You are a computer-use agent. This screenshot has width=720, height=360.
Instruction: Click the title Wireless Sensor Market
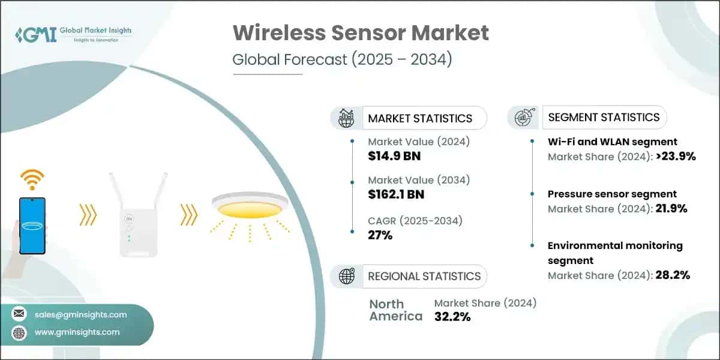click(361, 33)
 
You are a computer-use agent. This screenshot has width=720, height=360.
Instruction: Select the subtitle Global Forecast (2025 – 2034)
click(342, 60)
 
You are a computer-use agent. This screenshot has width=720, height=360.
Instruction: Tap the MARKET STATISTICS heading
click(420, 118)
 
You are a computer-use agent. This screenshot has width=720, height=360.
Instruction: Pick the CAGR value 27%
click(380, 235)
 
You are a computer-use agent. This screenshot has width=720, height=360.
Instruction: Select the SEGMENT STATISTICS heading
click(604, 117)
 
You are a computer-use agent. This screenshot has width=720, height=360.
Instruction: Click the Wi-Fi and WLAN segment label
click(613, 142)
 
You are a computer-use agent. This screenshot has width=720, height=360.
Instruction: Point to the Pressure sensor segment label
click(612, 194)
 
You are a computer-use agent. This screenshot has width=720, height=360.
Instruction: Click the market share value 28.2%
click(670, 275)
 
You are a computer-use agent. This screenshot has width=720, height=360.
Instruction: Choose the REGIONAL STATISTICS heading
click(424, 276)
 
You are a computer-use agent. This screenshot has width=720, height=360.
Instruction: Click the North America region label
click(395, 310)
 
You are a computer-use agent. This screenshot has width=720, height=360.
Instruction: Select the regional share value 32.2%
click(452, 317)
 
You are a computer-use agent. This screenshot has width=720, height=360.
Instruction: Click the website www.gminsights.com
click(77, 332)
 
